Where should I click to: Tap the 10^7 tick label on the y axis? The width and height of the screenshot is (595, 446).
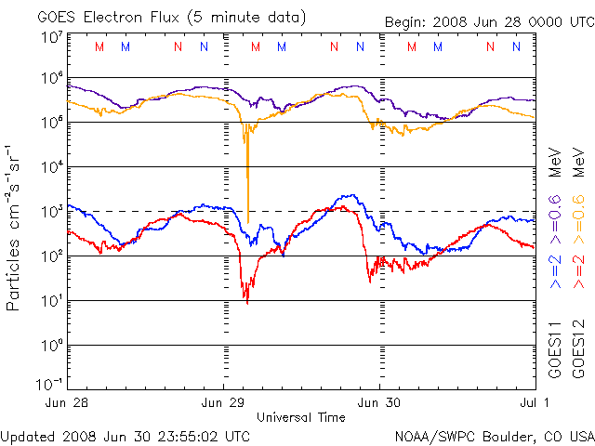click(51, 38)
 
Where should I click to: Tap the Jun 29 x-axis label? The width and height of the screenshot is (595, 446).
click(224, 403)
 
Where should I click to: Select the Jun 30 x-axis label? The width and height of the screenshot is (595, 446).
click(380, 403)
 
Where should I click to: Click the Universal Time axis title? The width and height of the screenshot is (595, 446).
click(301, 417)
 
